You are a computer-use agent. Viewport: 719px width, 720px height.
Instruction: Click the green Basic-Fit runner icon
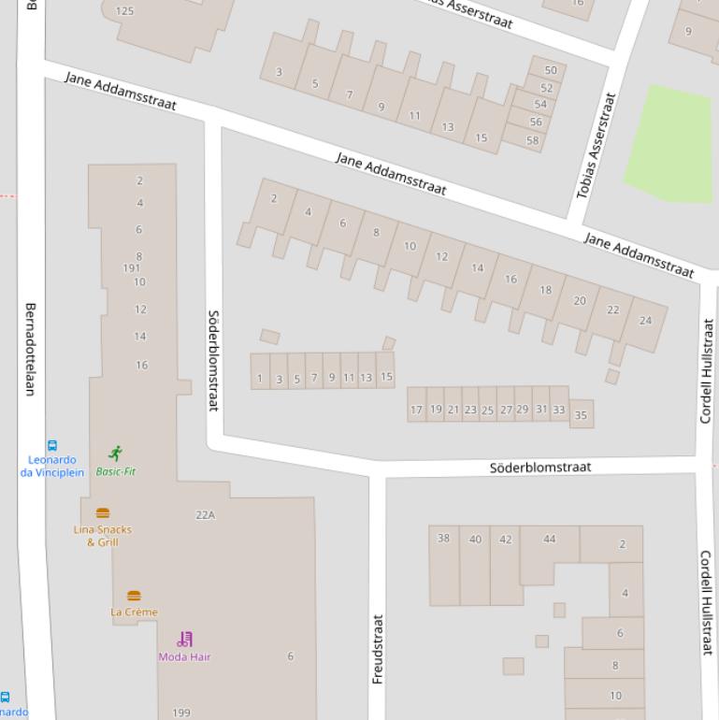(x=115, y=454)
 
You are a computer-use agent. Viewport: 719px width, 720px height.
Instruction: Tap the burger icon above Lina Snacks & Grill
(x=103, y=513)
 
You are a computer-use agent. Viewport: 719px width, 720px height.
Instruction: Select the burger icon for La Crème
(x=134, y=596)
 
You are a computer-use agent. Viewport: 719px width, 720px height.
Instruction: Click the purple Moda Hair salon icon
(x=185, y=640)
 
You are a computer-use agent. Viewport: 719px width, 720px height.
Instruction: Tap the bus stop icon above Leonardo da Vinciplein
(x=52, y=446)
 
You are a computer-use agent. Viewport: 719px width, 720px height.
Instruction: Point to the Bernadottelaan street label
(x=30, y=349)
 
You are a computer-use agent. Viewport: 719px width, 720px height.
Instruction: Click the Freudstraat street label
(x=378, y=648)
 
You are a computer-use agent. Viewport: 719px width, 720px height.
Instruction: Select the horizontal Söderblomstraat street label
(x=540, y=466)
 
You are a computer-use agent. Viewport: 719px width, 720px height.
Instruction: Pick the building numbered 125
(x=124, y=11)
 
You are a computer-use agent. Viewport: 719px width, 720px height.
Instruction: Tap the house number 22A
(x=205, y=515)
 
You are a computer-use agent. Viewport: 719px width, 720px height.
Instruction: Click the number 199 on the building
(x=181, y=713)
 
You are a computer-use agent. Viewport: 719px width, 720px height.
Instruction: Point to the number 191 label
(x=132, y=268)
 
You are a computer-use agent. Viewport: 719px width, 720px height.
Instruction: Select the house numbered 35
(x=582, y=415)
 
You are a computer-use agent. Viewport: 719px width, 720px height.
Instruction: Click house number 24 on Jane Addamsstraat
(x=645, y=321)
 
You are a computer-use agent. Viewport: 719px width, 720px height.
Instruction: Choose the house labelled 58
(x=533, y=141)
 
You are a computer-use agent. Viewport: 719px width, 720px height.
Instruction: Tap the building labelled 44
(x=549, y=539)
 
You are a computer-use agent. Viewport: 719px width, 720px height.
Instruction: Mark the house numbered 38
(x=443, y=539)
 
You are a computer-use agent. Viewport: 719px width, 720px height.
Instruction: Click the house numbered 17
(x=416, y=410)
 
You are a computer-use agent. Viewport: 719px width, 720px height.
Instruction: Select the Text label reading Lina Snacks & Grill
(x=103, y=536)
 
